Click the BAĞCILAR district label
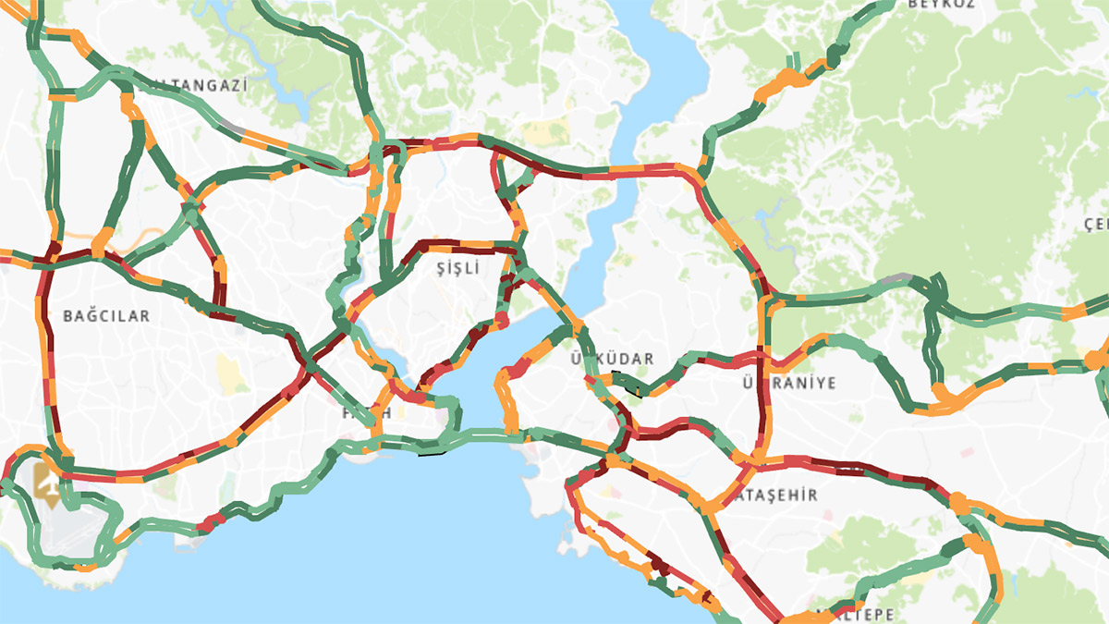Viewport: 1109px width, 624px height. coord(106,316)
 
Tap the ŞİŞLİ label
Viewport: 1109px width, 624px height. coord(459,268)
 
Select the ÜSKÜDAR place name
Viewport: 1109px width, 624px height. coord(612,359)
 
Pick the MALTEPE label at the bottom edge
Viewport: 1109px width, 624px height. coord(859,615)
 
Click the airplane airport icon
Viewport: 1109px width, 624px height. coord(45,482)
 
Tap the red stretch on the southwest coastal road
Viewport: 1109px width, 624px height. coord(212,520)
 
